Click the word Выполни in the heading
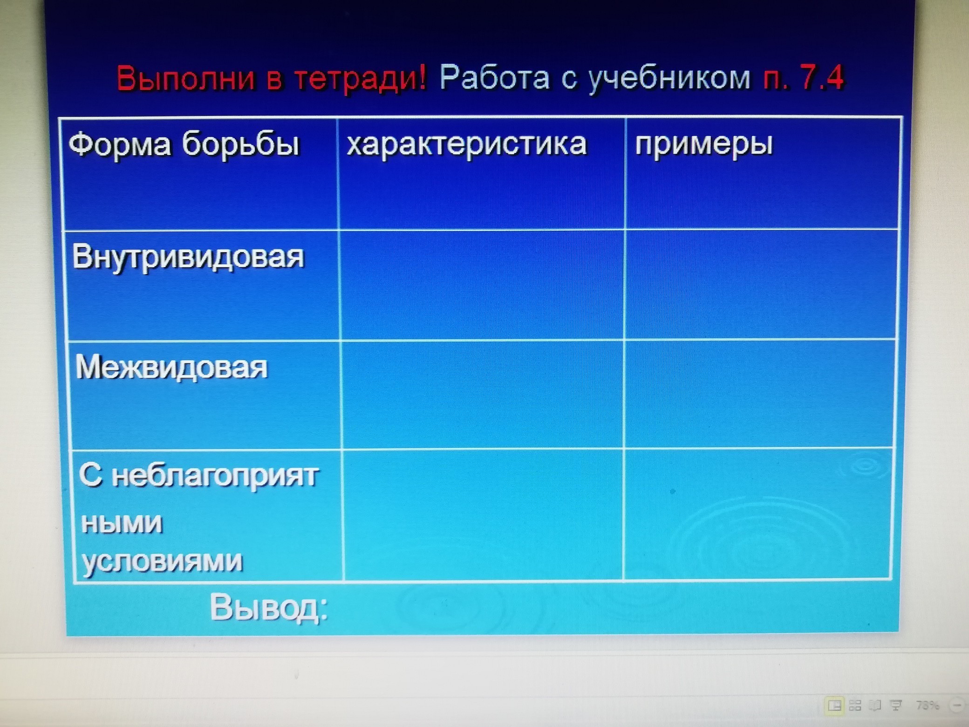pyautogui.click(x=186, y=78)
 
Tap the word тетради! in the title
pyautogui.click(x=361, y=78)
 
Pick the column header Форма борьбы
pyautogui.click(x=184, y=145)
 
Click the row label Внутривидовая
pyautogui.click(x=188, y=257)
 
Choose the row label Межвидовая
pyautogui.click(x=171, y=368)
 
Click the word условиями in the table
pyautogui.click(x=163, y=561)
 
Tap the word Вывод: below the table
pyautogui.click(x=269, y=608)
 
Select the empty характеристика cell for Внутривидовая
pyautogui.click(x=482, y=285)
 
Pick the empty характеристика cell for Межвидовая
pyautogui.click(x=483, y=395)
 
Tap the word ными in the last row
pyautogui.click(x=122, y=523)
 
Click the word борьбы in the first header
pyautogui.click(x=240, y=145)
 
